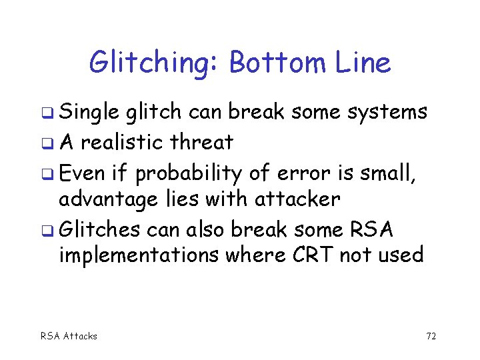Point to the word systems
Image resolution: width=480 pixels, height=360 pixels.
click(x=386, y=113)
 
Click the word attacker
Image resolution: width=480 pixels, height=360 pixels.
click(x=299, y=199)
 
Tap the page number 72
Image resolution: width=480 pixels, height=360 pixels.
click(x=431, y=336)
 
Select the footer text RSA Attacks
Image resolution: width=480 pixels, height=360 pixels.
click(x=69, y=336)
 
